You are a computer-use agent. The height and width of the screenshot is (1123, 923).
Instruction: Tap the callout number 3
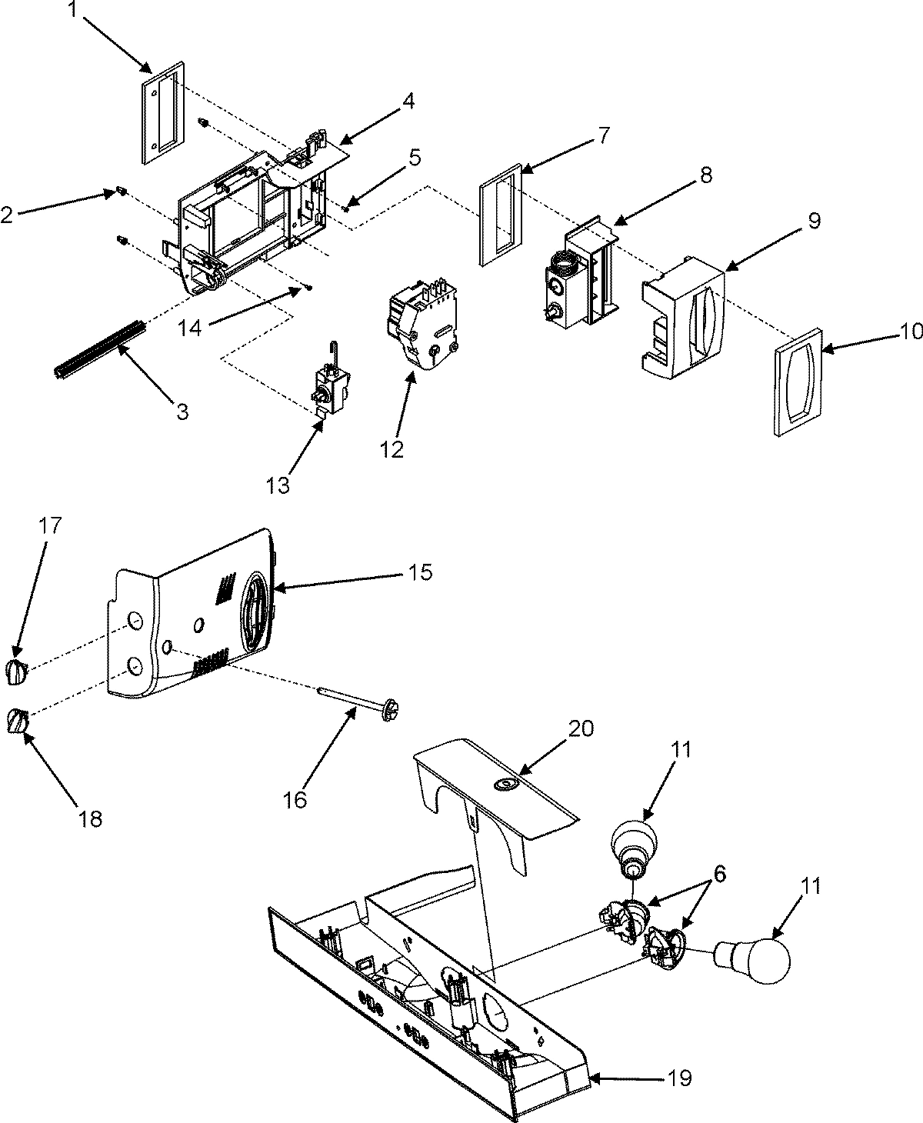tap(182, 412)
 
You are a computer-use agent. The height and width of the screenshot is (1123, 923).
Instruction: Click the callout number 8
tap(705, 175)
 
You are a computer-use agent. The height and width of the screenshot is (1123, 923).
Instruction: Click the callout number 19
tap(679, 1078)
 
